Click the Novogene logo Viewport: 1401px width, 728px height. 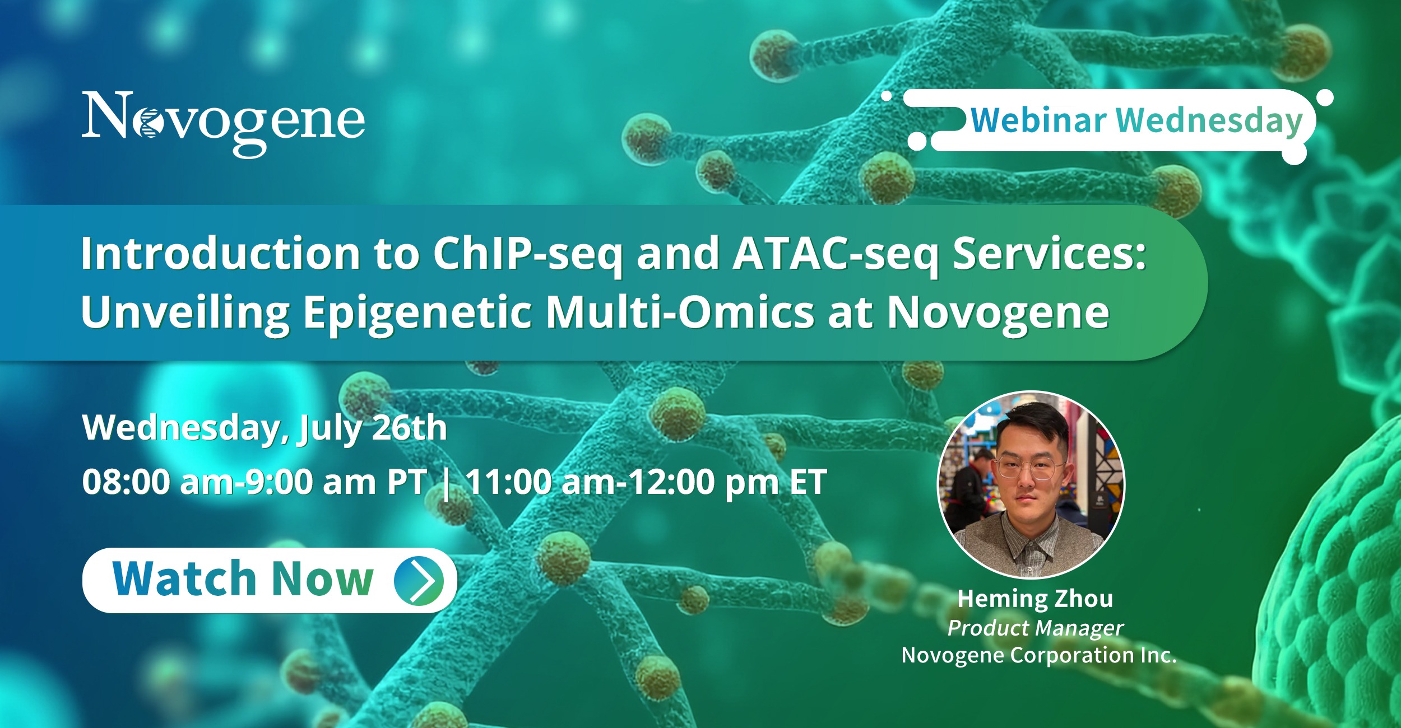224,124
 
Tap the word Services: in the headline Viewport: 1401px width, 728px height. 1050,254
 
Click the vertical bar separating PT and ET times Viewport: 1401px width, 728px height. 446,482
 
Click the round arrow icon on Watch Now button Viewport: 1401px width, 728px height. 419,581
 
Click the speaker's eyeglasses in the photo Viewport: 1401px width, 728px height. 1030,468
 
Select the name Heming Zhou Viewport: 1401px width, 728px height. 1036,599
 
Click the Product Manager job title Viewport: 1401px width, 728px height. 1036,628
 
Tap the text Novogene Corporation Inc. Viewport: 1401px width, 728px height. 1039,655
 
